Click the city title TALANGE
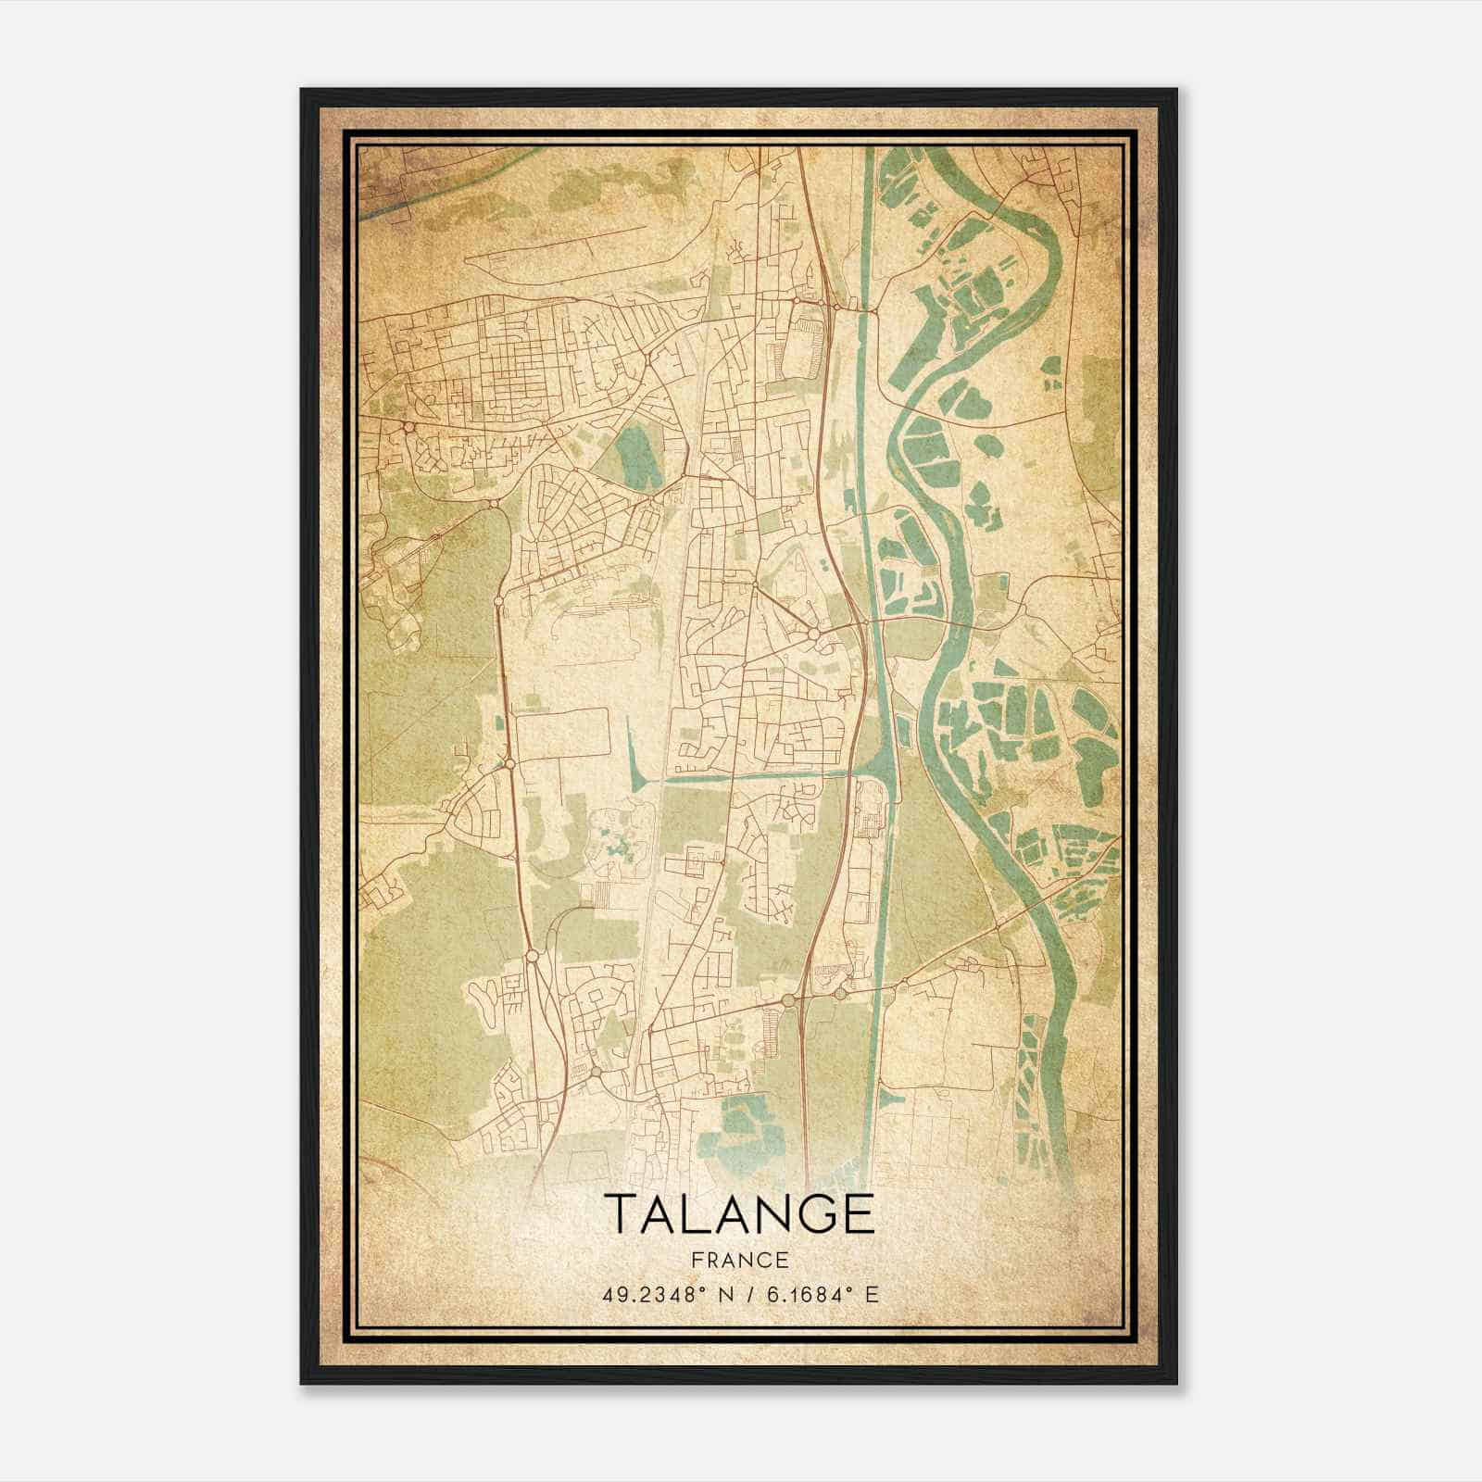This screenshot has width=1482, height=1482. pyautogui.click(x=739, y=1214)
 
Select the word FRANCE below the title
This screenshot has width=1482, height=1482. pyautogui.click(x=739, y=1260)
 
